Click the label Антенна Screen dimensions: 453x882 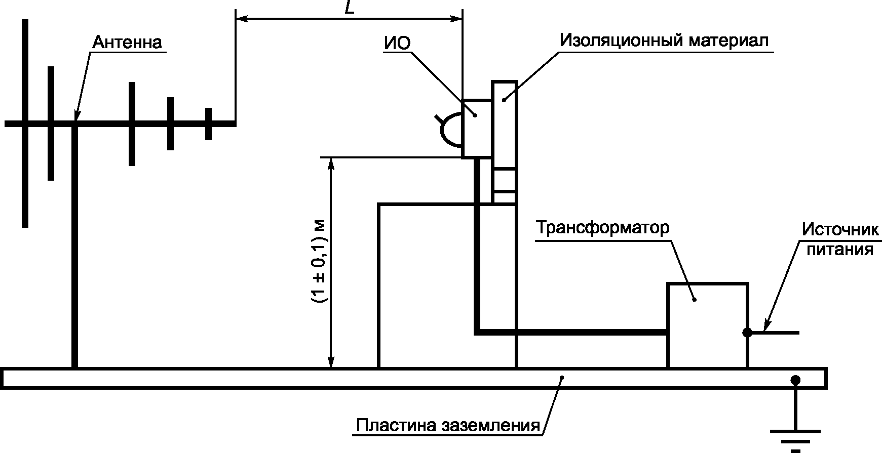127,42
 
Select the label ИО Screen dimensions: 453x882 397,43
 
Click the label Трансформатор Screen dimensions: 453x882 603,228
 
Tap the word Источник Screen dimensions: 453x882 840,230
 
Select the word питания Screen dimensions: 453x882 840,250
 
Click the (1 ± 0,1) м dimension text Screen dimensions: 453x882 320,262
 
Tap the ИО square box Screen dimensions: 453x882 477,129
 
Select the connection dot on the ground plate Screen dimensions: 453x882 795,380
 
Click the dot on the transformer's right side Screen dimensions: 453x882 747,333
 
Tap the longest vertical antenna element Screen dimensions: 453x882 25,123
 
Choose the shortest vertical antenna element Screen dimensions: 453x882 208,123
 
